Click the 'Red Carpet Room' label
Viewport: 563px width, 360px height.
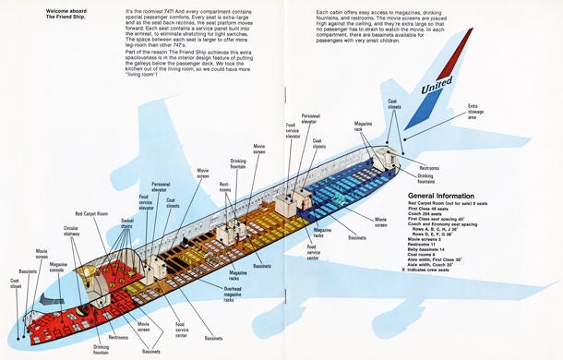click(x=91, y=213)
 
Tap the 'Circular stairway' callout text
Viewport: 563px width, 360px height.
click(x=71, y=230)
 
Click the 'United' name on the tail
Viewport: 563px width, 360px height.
click(x=437, y=89)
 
